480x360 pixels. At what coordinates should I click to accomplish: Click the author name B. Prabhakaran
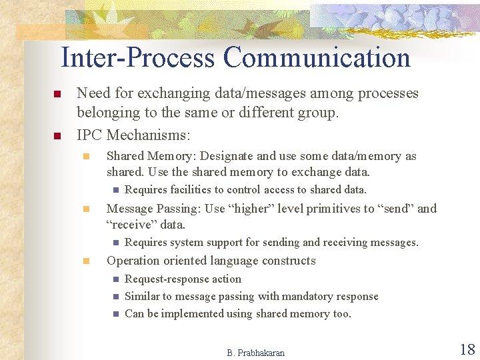point(255,353)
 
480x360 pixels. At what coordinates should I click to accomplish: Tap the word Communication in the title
point(317,57)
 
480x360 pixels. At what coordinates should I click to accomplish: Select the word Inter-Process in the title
point(138,57)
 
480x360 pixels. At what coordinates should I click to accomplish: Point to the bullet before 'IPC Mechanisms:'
point(57,136)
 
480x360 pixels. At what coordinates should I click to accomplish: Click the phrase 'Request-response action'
point(183,279)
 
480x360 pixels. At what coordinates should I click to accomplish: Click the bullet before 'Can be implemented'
point(115,313)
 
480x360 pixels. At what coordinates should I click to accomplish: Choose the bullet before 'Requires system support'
point(115,243)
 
